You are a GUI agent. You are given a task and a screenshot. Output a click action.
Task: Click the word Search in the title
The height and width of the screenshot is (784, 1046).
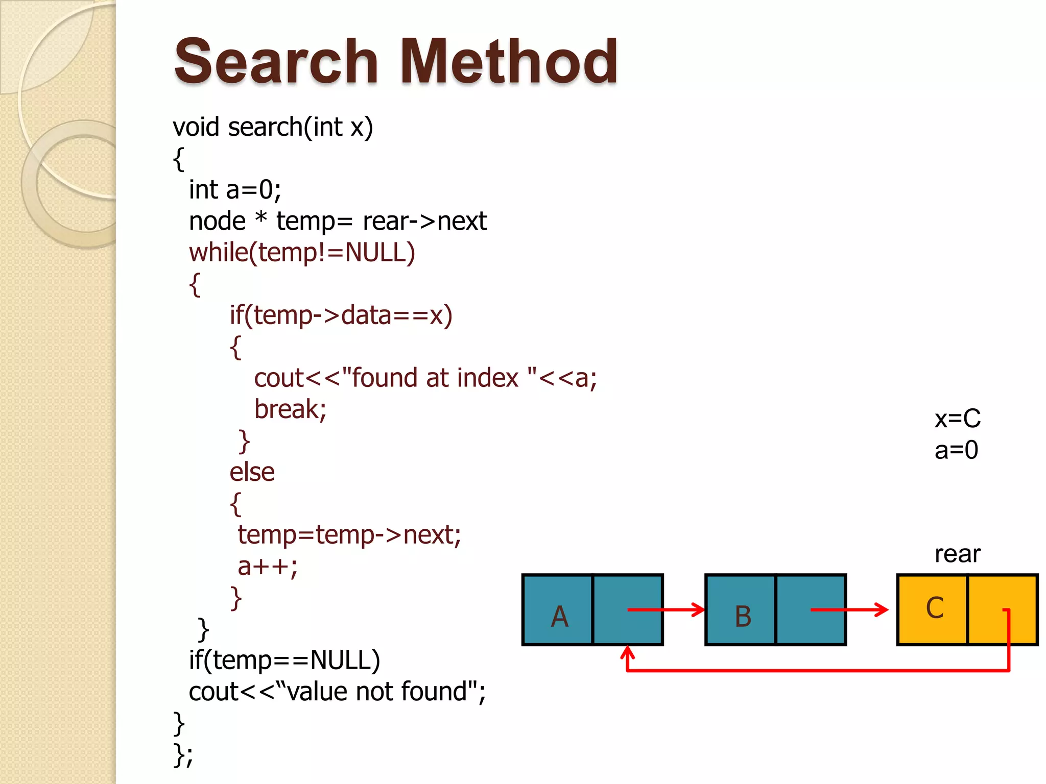276,62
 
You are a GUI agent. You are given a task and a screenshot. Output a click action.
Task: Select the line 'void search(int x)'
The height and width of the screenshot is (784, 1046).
273,127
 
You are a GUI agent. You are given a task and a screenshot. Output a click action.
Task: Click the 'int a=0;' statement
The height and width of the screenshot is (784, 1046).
235,190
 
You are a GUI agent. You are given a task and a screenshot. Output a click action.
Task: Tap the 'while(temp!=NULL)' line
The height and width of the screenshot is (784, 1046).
302,253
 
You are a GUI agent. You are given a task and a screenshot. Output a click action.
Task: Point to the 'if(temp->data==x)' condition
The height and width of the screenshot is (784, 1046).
341,315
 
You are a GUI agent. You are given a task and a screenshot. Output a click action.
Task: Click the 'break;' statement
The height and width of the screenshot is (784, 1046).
290,409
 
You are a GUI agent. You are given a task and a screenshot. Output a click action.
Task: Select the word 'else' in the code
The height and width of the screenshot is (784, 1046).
252,472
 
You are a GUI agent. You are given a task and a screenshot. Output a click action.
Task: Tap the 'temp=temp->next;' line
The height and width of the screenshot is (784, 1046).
349,535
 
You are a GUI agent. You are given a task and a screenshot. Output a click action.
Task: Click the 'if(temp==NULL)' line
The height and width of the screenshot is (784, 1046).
284,660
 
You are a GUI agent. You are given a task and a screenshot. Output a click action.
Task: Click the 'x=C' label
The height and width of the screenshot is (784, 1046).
957,419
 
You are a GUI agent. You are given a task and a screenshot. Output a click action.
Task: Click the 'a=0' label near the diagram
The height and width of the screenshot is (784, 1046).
956,450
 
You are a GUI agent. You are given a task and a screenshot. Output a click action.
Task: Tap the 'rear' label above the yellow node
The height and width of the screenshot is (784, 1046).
957,554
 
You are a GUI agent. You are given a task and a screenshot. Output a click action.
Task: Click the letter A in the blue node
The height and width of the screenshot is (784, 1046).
559,617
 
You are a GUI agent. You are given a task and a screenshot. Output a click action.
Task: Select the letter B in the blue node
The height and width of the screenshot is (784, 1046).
743,617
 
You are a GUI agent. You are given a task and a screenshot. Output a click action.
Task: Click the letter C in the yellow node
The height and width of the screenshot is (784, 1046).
934,608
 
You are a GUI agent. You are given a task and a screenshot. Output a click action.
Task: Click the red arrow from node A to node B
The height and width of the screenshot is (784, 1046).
664,609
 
